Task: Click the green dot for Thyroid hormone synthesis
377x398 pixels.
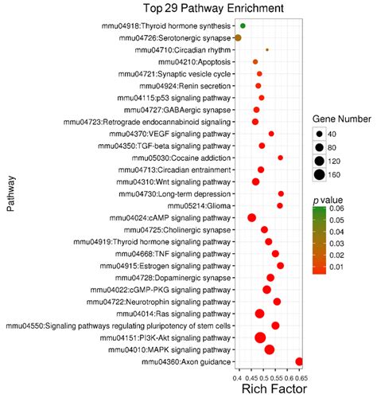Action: (243, 26)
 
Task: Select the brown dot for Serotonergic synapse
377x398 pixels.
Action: (238, 38)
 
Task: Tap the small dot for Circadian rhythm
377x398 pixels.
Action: (267, 49)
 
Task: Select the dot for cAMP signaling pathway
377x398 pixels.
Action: (252, 217)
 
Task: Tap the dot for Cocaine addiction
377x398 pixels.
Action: (280, 158)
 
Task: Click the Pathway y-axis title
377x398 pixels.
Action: (10, 195)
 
